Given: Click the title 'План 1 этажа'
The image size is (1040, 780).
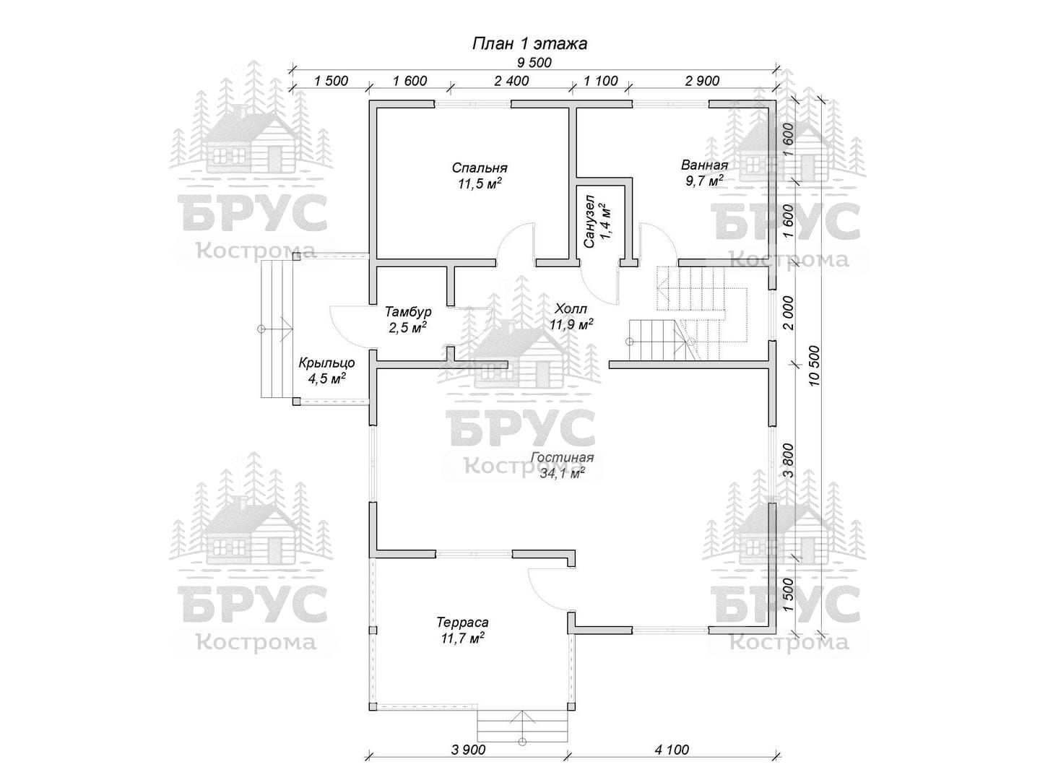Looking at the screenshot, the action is click(529, 43).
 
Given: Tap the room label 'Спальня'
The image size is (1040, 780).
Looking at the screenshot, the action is click(480, 168).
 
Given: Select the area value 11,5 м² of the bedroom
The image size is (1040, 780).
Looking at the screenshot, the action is click(480, 183).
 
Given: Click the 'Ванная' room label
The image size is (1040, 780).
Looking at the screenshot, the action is click(705, 165).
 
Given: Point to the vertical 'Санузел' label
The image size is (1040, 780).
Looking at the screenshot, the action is click(589, 221).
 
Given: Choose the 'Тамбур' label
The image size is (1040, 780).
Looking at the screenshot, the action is click(408, 311).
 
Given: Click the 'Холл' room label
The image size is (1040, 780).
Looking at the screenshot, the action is click(571, 309).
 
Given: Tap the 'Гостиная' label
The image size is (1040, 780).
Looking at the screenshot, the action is click(563, 457).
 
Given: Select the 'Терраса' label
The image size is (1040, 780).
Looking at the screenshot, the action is click(462, 622).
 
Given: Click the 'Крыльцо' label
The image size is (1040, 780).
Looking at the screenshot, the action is click(326, 363).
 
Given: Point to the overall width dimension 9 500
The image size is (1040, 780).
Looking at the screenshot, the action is click(534, 62).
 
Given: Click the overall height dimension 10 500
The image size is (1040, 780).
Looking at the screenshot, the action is click(814, 365).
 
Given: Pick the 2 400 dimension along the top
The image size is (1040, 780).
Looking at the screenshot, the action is click(511, 80).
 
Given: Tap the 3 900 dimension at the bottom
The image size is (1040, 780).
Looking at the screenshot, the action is click(468, 749).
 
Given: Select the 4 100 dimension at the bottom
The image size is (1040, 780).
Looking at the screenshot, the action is click(672, 749).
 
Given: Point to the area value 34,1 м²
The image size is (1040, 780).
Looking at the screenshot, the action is click(563, 472).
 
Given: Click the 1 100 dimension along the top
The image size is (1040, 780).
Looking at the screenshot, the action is click(601, 80).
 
